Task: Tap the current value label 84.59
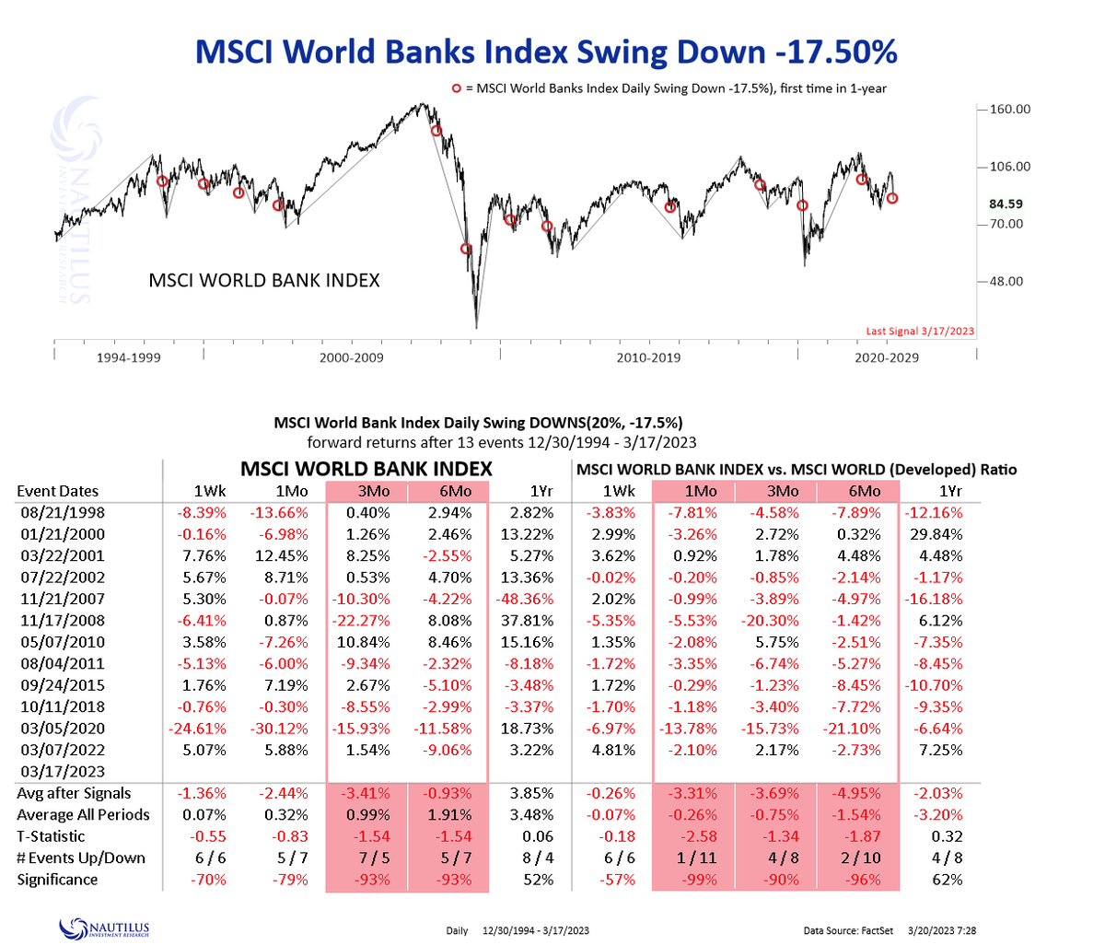pyautogui.click(x=1006, y=204)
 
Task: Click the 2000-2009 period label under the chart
pyautogui.click(x=351, y=357)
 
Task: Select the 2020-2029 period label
pyautogui.click(x=887, y=357)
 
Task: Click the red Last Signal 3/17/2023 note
pyautogui.click(x=920, y=332)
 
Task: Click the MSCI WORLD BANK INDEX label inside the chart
pyautogui.click(x=264, y=280)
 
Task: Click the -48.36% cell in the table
pyautogui.click(x=528, y=599)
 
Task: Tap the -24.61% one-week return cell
pyautogui.click(x=192, y=729)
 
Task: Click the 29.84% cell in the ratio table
pyautogui.click(x=940, y=534)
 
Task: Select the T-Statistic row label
pyautogui.click(x=51, y=836)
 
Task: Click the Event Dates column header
pyautogui.click(x=57, y=492)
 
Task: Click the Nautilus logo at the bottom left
pyautogui.click(x=103, y=928)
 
